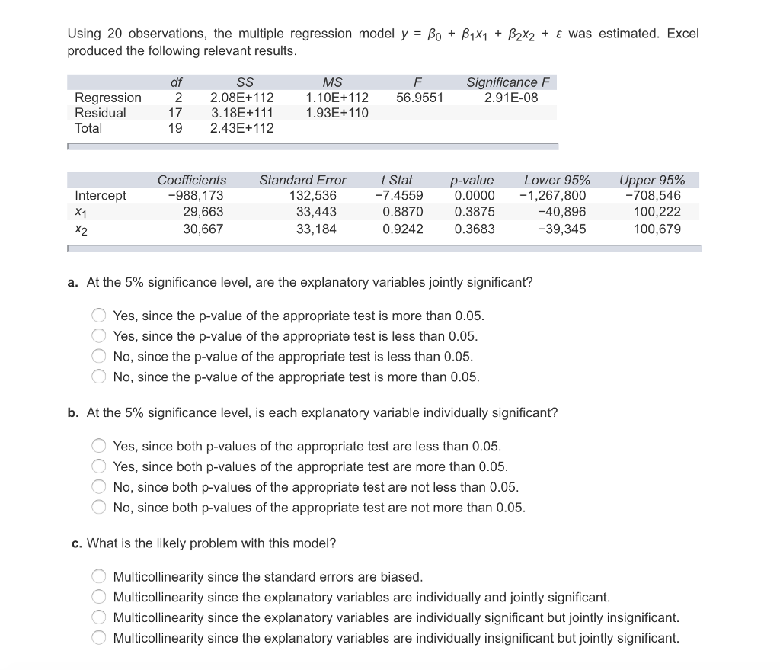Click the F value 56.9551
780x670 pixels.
pos(420,98)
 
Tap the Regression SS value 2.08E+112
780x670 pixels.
pos(241,98)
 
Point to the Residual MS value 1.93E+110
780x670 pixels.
pos(337,113)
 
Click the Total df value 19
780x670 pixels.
pos(174,128)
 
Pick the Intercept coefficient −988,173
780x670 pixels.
pos(196,196)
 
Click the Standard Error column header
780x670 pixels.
pos(302,181)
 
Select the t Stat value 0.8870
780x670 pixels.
pos(403,212)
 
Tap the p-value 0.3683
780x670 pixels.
pos(474,229)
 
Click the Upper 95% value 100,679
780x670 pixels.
pos(657,229)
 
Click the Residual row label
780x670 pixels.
pos(101,113)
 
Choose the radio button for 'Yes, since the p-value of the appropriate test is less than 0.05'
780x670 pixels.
pos(99,336)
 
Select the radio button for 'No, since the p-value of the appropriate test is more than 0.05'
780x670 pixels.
pos(99,377)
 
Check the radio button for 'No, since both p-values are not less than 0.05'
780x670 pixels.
pos(99,487)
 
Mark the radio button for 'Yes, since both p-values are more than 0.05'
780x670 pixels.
pos(99,466)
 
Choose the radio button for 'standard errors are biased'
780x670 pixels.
pos(99,577)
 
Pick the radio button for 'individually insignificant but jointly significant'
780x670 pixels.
pos(99,638)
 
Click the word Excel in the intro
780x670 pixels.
pos(682,34)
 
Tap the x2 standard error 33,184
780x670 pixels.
pos(315,229)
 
